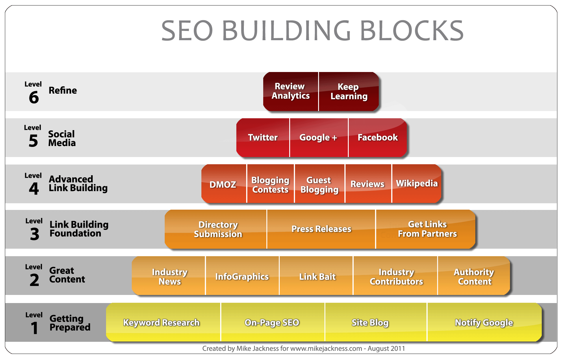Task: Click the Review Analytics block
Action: pos(291,91)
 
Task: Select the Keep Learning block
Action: pos(349,91)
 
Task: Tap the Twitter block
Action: pos(263,137)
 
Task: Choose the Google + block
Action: pos(318,137)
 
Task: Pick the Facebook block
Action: pos(377,137)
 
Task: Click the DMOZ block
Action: pos(223,184)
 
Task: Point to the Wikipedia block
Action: pos(417,183)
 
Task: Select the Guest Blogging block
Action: pos(319,184)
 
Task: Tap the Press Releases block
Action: pos(321,229)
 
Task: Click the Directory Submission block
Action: pos(218,229)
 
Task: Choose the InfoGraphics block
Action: pos(242,276)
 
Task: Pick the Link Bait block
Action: pos(317,276)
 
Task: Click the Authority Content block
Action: pos(474,276)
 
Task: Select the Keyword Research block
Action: pos(161,322)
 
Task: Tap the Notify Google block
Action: pos(484,322)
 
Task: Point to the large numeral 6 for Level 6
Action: pos(34,97)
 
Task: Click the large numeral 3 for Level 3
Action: pos(34,234)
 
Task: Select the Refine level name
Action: pos(63,91)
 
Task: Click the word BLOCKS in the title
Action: pos(412,31)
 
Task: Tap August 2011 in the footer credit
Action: pos(386,348)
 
